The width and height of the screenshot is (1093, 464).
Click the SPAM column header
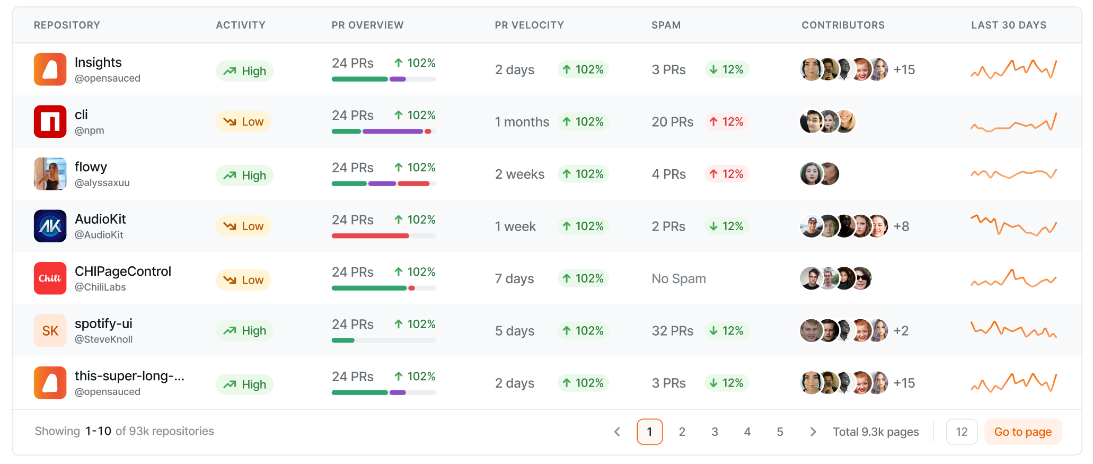[666, 25]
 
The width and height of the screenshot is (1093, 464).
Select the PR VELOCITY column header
[529, 25]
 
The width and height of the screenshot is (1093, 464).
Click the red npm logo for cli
[50, 121]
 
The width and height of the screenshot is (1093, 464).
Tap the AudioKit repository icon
[50, 226]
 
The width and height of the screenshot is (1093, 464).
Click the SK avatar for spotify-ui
[50, 330]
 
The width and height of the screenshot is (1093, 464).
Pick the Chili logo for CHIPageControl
[50, 278]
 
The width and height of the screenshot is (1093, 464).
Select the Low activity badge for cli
[243, 121]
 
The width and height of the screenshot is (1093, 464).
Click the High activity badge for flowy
[244, 176]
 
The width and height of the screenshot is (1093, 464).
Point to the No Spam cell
[678, 278]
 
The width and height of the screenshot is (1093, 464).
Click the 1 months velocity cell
[522, 122]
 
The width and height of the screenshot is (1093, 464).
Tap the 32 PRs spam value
[672, 331]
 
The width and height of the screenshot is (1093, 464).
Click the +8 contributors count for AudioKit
[901, 226]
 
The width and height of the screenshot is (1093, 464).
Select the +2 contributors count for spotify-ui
[901, 331]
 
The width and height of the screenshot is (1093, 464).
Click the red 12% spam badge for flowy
[726, 174]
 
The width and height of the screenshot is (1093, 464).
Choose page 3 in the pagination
[715, 432]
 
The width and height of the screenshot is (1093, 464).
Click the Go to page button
[1023, 432]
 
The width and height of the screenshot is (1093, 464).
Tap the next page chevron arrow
[813, 432]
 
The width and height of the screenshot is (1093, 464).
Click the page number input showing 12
[962, 432]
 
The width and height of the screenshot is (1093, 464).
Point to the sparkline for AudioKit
[1013, 225]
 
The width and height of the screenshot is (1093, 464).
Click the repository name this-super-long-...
[129, 376]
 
